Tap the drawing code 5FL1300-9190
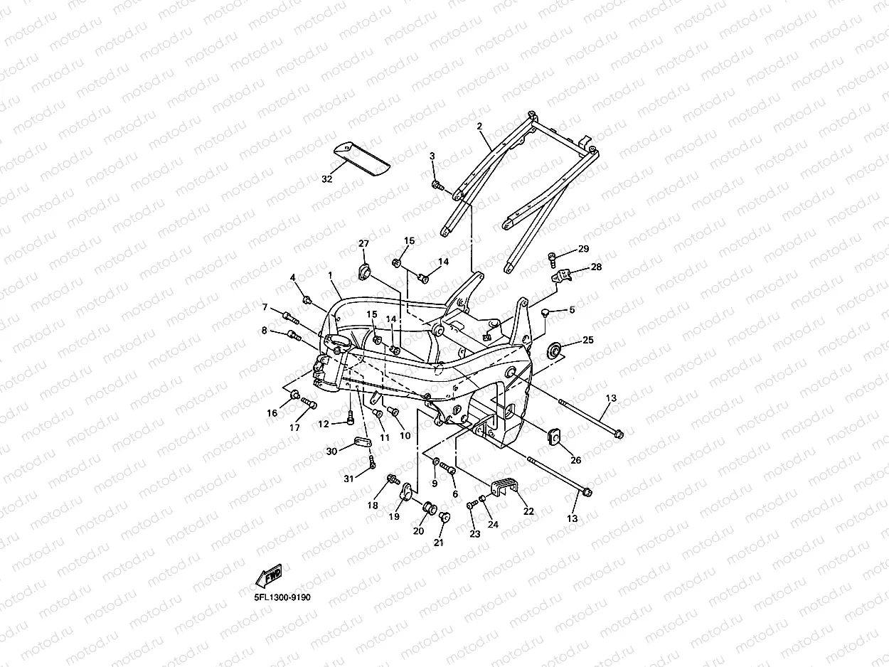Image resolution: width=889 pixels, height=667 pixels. click(282, 597)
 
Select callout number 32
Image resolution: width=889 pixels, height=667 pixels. click(326, 179)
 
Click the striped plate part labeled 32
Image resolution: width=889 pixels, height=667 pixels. click(362, 158)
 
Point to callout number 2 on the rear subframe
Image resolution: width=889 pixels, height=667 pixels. click(479, 126)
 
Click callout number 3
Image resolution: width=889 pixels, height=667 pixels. click(432, 156)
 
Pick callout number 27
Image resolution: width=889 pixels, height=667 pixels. click(363, 244)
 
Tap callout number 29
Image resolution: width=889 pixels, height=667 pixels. click(583, 249)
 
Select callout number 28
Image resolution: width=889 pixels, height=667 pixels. click(596, 267)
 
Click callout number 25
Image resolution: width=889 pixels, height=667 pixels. click(587, 341)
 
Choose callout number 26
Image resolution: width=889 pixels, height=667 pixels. click(575, 460)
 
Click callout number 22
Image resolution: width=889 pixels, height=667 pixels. click(528, 510)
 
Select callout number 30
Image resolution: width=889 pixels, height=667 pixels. click(331, 452)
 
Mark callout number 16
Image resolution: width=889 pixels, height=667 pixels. click(272, 413)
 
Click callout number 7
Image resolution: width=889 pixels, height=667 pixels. click(265, 307)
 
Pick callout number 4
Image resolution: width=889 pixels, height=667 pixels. click(292, 277)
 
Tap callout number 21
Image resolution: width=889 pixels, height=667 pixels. click(438, 543)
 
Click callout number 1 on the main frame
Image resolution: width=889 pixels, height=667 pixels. click(330, 274)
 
